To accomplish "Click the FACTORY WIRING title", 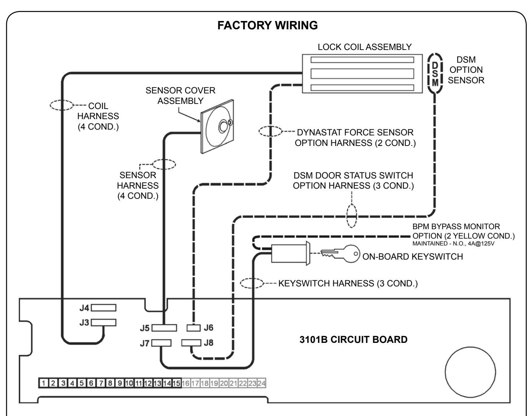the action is coord(267,25).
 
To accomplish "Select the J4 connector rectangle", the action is coord(103,308).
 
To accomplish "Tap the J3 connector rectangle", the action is coord(103,323).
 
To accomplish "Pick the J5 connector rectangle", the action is coord(164,328).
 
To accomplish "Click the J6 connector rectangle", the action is coord(193,328).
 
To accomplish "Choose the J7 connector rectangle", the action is coord(161,343).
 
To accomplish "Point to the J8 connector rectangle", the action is coord(191,343).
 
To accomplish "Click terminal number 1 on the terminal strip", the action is coord(44,383).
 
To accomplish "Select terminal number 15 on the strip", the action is coord(176,383).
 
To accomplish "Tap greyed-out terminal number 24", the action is coord(261,383).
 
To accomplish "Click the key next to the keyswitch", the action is coord(340,254).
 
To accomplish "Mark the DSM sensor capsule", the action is coord(435,73).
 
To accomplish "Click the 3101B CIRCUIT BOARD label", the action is coord(353,340).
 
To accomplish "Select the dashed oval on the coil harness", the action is coord(61,105).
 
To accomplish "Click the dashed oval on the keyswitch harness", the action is coord(252,283).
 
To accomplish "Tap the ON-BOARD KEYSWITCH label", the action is coord(413,257).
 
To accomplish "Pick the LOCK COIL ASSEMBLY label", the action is coord(364,47).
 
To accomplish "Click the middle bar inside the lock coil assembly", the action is coord(362,73).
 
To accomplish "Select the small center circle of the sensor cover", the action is coord(223,126).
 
